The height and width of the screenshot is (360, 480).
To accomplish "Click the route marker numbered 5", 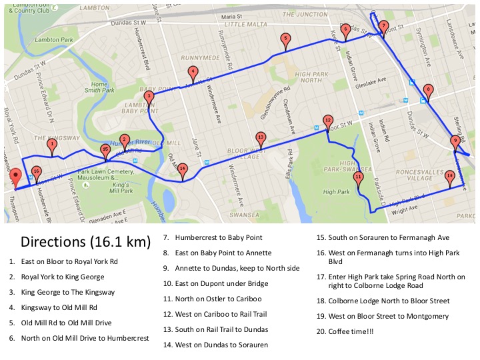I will pyautogui.click(x=285, y=39).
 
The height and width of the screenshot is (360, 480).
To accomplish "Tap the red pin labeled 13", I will pyautogui.click(x=261, y=138).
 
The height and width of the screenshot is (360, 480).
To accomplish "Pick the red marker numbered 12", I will pyautogui.click(x=327, y=121).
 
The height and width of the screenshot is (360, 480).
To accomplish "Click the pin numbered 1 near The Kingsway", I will pyautogui.click(x=52, y=144).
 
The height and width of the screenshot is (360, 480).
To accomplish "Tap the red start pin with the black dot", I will pyautogui.click(x=16, y=177).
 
